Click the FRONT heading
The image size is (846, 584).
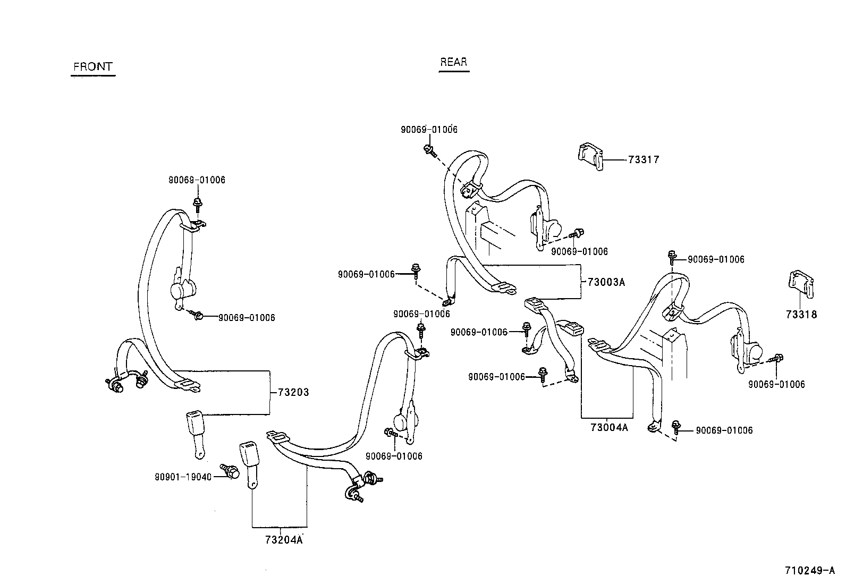93,67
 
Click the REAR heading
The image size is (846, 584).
454,62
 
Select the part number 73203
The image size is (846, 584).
293,393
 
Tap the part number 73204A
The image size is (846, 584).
284,540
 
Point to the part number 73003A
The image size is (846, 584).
606,282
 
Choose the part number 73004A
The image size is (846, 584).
609,427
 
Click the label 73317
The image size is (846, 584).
644,160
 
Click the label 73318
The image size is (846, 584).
801,314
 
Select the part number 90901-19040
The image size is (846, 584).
183,477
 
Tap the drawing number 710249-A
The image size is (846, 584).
810,570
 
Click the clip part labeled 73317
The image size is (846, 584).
590,156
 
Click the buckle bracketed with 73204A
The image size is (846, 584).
250,465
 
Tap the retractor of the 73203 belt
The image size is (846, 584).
183,289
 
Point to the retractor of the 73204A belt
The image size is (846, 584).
407,421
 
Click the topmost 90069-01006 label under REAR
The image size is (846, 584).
429,130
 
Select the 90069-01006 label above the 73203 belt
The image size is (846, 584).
197,180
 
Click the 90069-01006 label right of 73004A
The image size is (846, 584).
724,430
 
